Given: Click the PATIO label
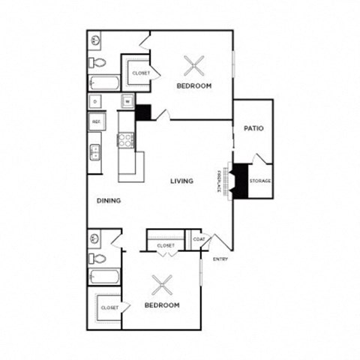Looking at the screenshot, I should tap(253, 128).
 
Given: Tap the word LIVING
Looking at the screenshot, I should tap(182, 181).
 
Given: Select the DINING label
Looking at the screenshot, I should tap(109, 201).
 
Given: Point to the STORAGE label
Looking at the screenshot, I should tap(260, 181).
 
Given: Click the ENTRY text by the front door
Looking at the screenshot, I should tap(220, 259).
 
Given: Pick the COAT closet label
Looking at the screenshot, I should tap(199, 240).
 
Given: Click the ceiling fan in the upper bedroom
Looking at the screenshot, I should tap(194, 67).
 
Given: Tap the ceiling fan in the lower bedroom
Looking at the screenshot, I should tap(162, 285).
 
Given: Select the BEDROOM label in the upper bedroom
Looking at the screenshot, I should tap(194, 86).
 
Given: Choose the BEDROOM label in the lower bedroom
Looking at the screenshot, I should tap(162, 305).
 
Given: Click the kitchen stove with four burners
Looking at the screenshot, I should tap(125, 139).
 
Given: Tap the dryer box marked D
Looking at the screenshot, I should tap(96, 100).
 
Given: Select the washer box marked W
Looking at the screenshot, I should tap(127, 100).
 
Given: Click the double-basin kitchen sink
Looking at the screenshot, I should tap(95, 153).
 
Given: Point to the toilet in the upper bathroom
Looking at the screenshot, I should tap(96, 62).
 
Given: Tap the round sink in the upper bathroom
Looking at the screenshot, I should tap(96, 40).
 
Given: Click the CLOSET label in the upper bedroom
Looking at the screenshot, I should tap(141, 73).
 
